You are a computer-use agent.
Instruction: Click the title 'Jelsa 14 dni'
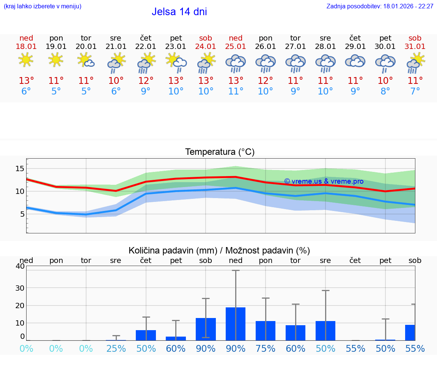(x=179, y=12)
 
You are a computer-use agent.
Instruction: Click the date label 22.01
(x=146, y=47)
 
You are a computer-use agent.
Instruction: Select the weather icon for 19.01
(x=56, y=60)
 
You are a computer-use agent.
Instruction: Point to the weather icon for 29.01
(x=355, y=61)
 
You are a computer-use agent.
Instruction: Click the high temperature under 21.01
(x=116, y=81)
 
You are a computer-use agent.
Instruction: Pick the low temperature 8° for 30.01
(x=385, y=91)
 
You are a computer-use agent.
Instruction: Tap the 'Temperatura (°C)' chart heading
(x=220, y=152)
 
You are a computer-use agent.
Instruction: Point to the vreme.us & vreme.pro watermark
(x=324, y=181)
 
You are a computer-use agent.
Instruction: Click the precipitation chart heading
(x=219, y=250)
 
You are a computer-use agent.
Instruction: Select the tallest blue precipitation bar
(x=236, y=324)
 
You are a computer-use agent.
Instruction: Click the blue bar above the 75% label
(x=266, y=331)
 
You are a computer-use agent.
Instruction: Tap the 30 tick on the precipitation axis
(x=20, y=288)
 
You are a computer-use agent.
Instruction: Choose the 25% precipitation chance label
(x=116, y=349)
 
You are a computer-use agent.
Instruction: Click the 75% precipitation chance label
(x=266, y=349)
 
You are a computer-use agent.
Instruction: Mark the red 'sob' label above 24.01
(x=206, y=38)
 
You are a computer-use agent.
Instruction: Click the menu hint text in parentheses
(x=42, y=6)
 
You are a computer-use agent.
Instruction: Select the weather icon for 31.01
(x=415, y=63)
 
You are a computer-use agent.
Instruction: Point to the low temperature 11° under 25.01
(x=236, y=91)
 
